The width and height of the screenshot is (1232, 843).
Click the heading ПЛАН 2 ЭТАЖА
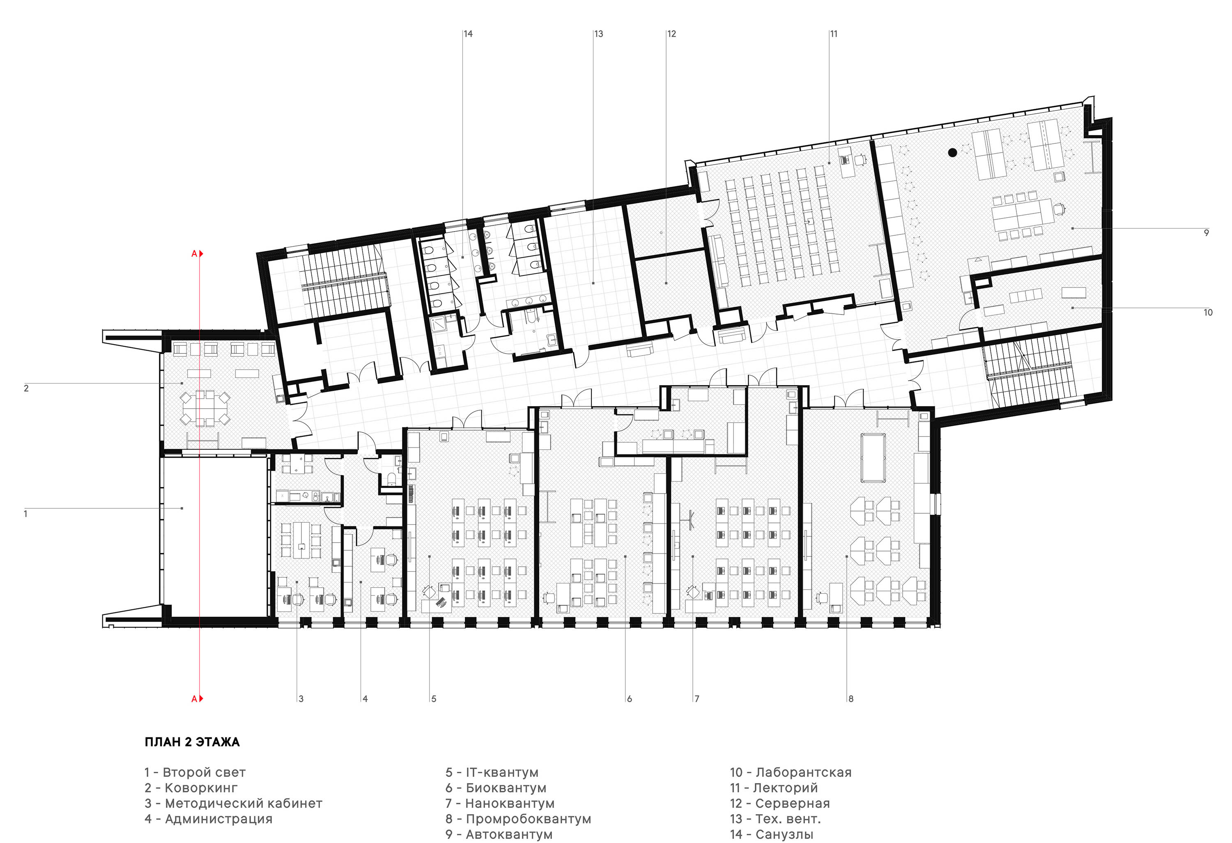coord(192,742)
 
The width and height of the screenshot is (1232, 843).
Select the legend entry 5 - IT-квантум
coord(492,772)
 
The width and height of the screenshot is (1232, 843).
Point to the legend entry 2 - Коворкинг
coord(191,788)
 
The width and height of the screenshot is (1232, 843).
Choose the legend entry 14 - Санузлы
coord(771,834)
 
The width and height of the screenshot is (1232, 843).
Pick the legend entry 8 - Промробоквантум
coord(518,819)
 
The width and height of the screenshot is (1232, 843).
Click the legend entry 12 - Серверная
coord(780,803)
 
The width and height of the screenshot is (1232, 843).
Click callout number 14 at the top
coord(468,34)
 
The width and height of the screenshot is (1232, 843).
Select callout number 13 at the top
coord(598,34)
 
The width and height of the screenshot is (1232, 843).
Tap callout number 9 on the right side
coord(1207,233)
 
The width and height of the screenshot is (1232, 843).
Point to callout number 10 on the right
coord(1208,312)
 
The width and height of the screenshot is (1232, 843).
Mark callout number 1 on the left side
coord(25,514)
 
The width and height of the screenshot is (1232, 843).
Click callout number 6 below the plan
coord(629,699)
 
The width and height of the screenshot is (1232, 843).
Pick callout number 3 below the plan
coord(301,699)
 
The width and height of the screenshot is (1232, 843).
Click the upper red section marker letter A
coord(194,254)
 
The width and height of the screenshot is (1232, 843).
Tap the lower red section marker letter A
coord(194,699)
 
